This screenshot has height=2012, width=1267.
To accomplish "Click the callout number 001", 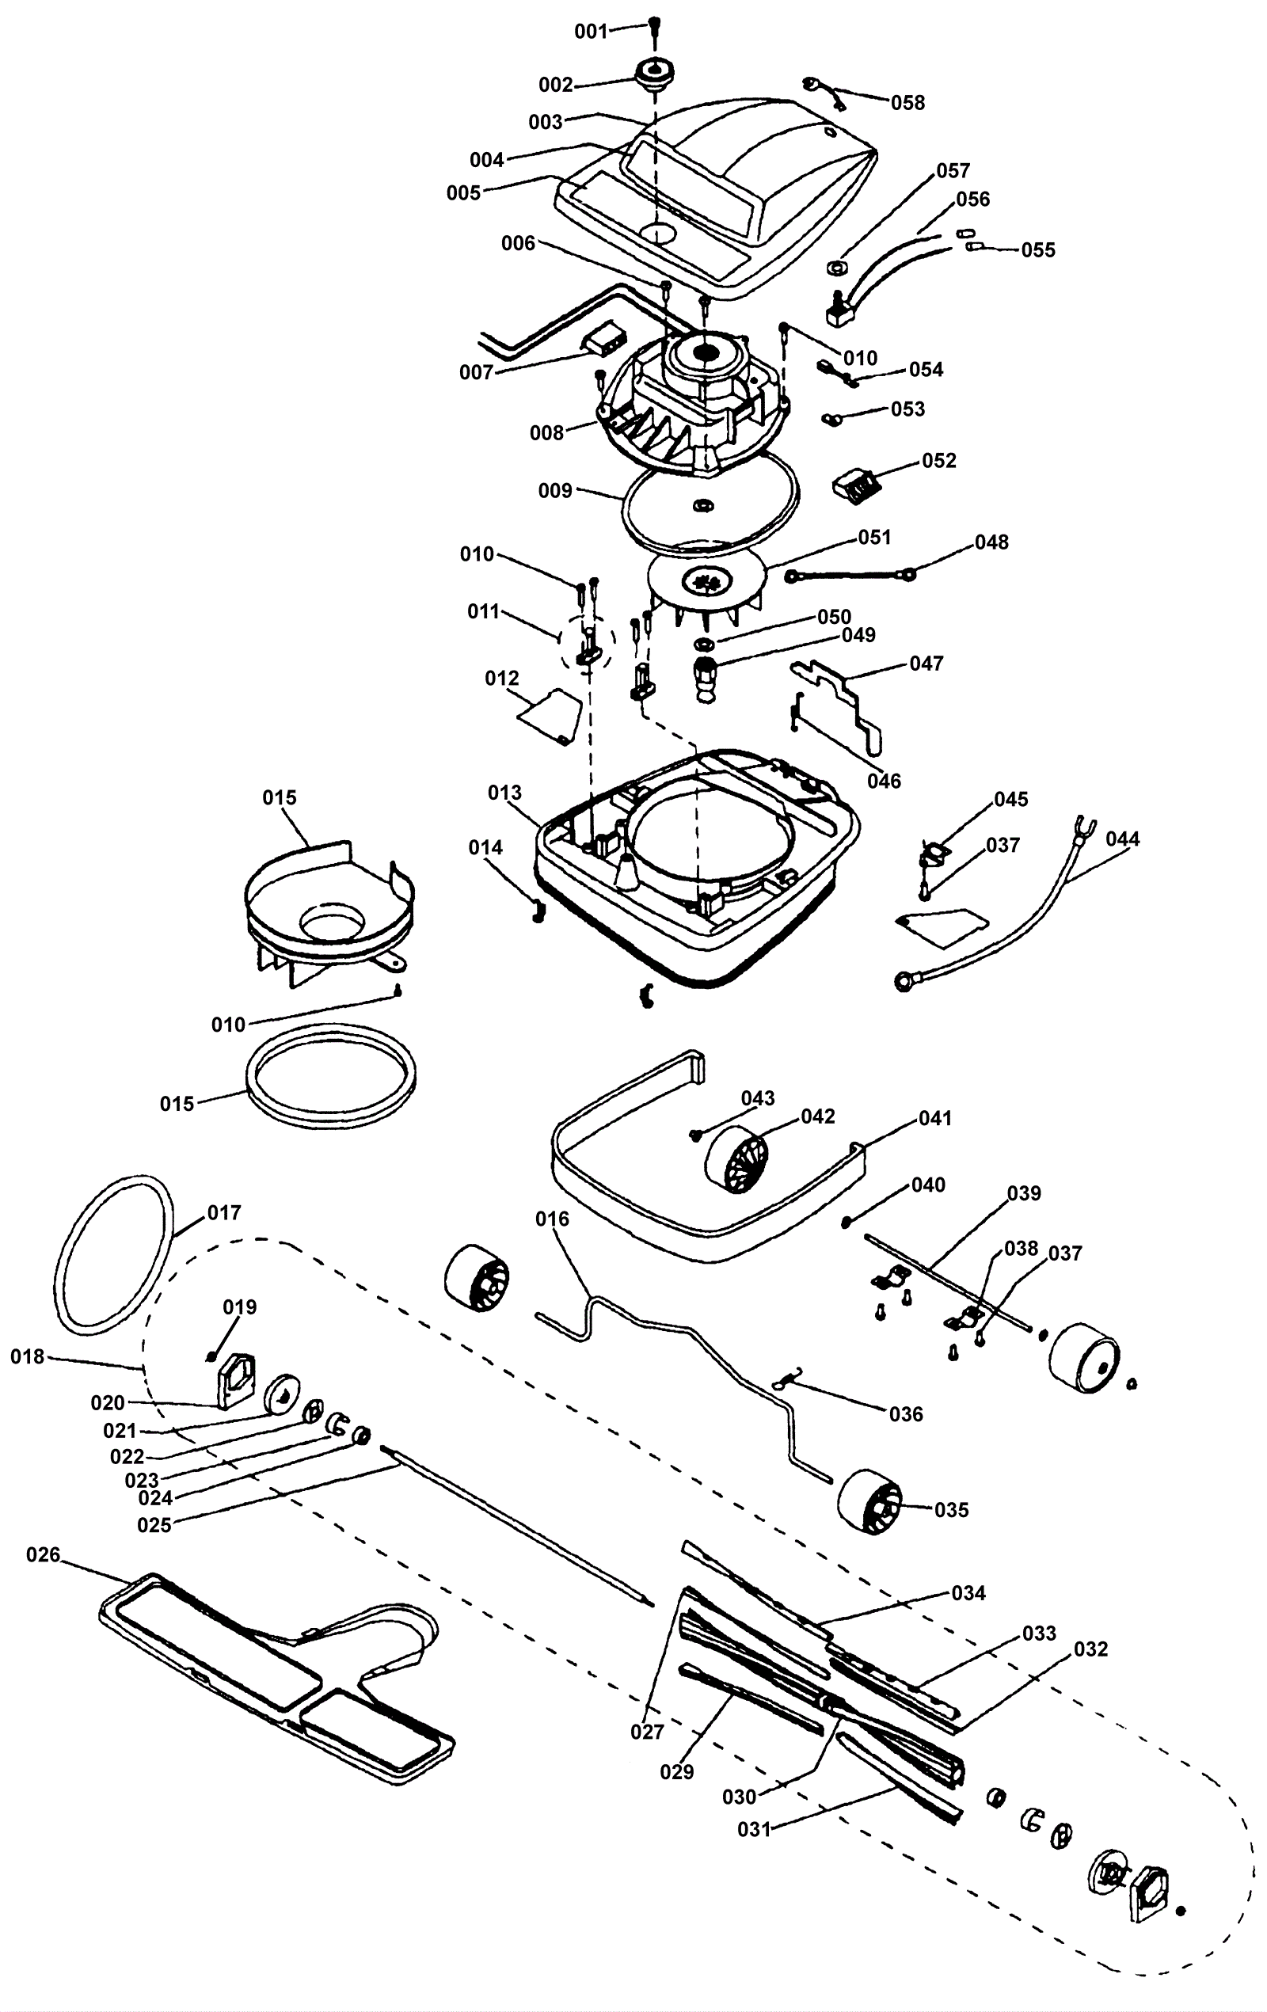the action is pos(591,32).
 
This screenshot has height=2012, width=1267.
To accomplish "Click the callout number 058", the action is pos(907,102).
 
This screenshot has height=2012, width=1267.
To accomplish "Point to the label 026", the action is pos(44,1555).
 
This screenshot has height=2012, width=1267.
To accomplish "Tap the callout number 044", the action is pos(1122,838).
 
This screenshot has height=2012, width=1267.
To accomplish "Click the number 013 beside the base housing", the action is pos(504,792).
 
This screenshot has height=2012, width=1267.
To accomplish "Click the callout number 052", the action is pos(938,460).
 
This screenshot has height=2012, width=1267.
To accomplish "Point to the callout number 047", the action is pos(926,664).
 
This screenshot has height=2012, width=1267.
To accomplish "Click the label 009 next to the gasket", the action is pos(555,490).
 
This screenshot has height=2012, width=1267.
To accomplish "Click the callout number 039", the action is pos(1024,1193).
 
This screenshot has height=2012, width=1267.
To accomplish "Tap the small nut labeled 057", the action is pos(836,268).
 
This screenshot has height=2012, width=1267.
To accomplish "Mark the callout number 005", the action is pos(463,193).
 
